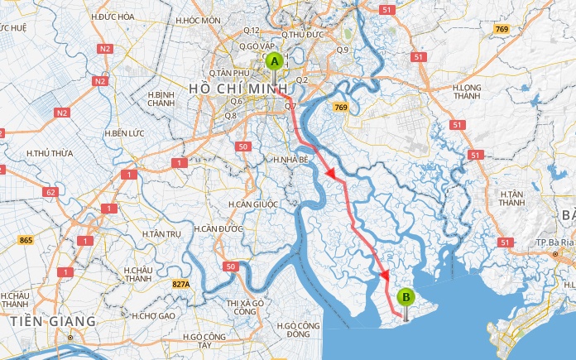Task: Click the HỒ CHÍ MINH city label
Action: point(238,88)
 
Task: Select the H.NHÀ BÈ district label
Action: point(290,158)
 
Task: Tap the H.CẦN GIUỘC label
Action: point(253,204)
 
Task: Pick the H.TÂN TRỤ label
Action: point(161,234)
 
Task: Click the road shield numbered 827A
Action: point(181,285)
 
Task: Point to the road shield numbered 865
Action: point(27,240)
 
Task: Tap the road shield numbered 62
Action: point(50,192)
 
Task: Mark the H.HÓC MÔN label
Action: point(199,19)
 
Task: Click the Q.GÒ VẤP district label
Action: point(256,46)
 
